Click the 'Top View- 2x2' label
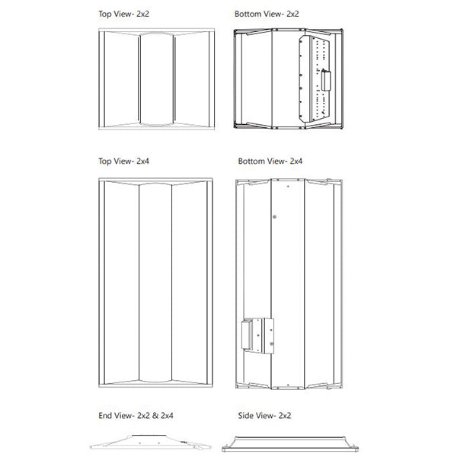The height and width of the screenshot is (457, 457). click(x=123, y=14)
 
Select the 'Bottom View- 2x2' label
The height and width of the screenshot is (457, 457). click(x=267, y=14)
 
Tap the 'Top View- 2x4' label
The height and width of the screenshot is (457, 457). click(x=123, y=161)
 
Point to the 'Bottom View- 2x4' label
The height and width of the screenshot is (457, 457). click(x=270, y=161)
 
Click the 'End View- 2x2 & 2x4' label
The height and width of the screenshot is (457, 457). click(x=136, y=415)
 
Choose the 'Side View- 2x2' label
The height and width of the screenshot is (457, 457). click(x=264, y=415)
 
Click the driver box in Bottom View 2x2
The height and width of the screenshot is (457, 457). click(x=326, y=81)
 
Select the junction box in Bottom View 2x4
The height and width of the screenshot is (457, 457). click(x=257, y=335)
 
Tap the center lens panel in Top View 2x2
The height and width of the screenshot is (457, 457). click(x=157, y=79)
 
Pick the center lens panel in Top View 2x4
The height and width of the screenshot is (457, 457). click(x=155, y=282)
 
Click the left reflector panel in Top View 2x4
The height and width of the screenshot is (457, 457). click(x=122, y=283)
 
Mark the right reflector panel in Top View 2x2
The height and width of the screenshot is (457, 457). click(x=192, y=79)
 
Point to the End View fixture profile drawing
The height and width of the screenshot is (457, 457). click(x=150, y=442)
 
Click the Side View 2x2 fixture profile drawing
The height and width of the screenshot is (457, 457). click(x=290, y=444)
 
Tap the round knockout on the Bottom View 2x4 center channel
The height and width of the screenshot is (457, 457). click(x=274, y=217)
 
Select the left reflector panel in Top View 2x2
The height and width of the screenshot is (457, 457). click(x=122, y=79)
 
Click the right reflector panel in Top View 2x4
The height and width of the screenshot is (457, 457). click(x=190, y=283)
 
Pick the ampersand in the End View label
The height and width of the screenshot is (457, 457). click(x=155, y=416)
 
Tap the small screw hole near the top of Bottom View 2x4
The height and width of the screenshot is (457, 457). click(x=288, y=187)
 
